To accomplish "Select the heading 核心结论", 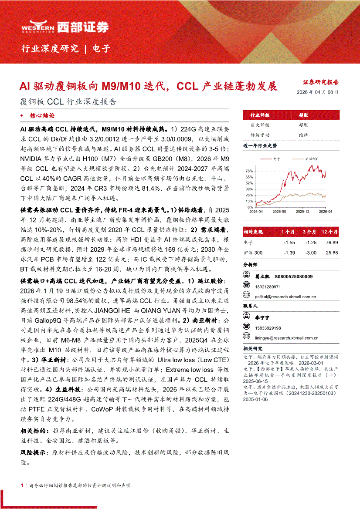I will [x=42, y=116].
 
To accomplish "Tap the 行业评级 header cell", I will [x=260, y=115].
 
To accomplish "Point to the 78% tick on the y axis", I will [x=248, y=171].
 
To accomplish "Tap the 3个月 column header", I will [x=310, y=232].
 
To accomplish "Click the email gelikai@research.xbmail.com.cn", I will [x=285, y=297].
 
